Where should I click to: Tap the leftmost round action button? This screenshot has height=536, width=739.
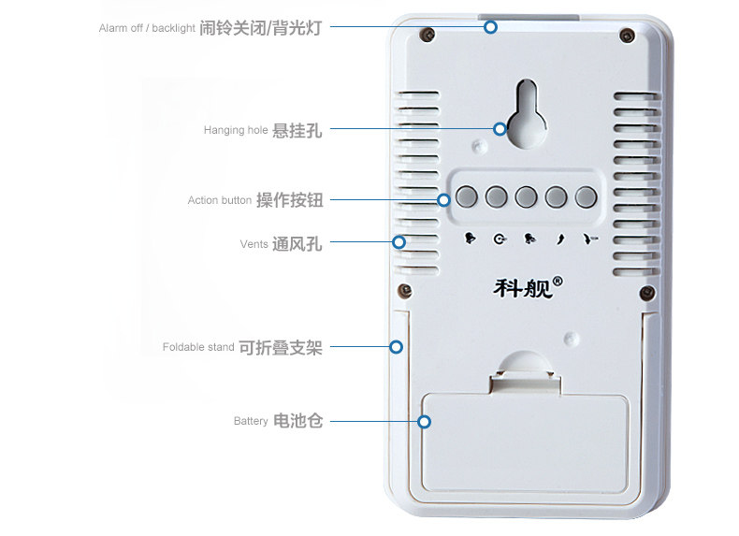(x=467, y=197)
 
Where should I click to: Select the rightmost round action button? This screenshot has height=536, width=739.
(x=586, y=197)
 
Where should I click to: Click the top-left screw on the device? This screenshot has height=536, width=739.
(x=427, y=36)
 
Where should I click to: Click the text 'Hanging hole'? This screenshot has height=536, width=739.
(x=236, y=131)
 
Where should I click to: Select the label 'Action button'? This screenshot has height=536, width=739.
(x=219, y=200)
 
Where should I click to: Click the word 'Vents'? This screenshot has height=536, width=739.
(x=254, y=244)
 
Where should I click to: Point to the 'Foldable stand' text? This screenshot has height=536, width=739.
(x=198, y=347)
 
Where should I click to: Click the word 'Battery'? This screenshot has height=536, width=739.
(x=251, y=422)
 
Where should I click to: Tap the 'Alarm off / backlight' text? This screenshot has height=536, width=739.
(x=146, y=28)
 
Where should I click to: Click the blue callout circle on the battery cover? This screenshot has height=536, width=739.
(x=425, y=421)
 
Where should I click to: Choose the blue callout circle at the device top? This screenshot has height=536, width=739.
(x=490, y=27)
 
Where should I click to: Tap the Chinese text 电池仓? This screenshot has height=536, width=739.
(x=297, y=421)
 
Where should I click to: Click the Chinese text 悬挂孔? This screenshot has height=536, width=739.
(x=297, y=131)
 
